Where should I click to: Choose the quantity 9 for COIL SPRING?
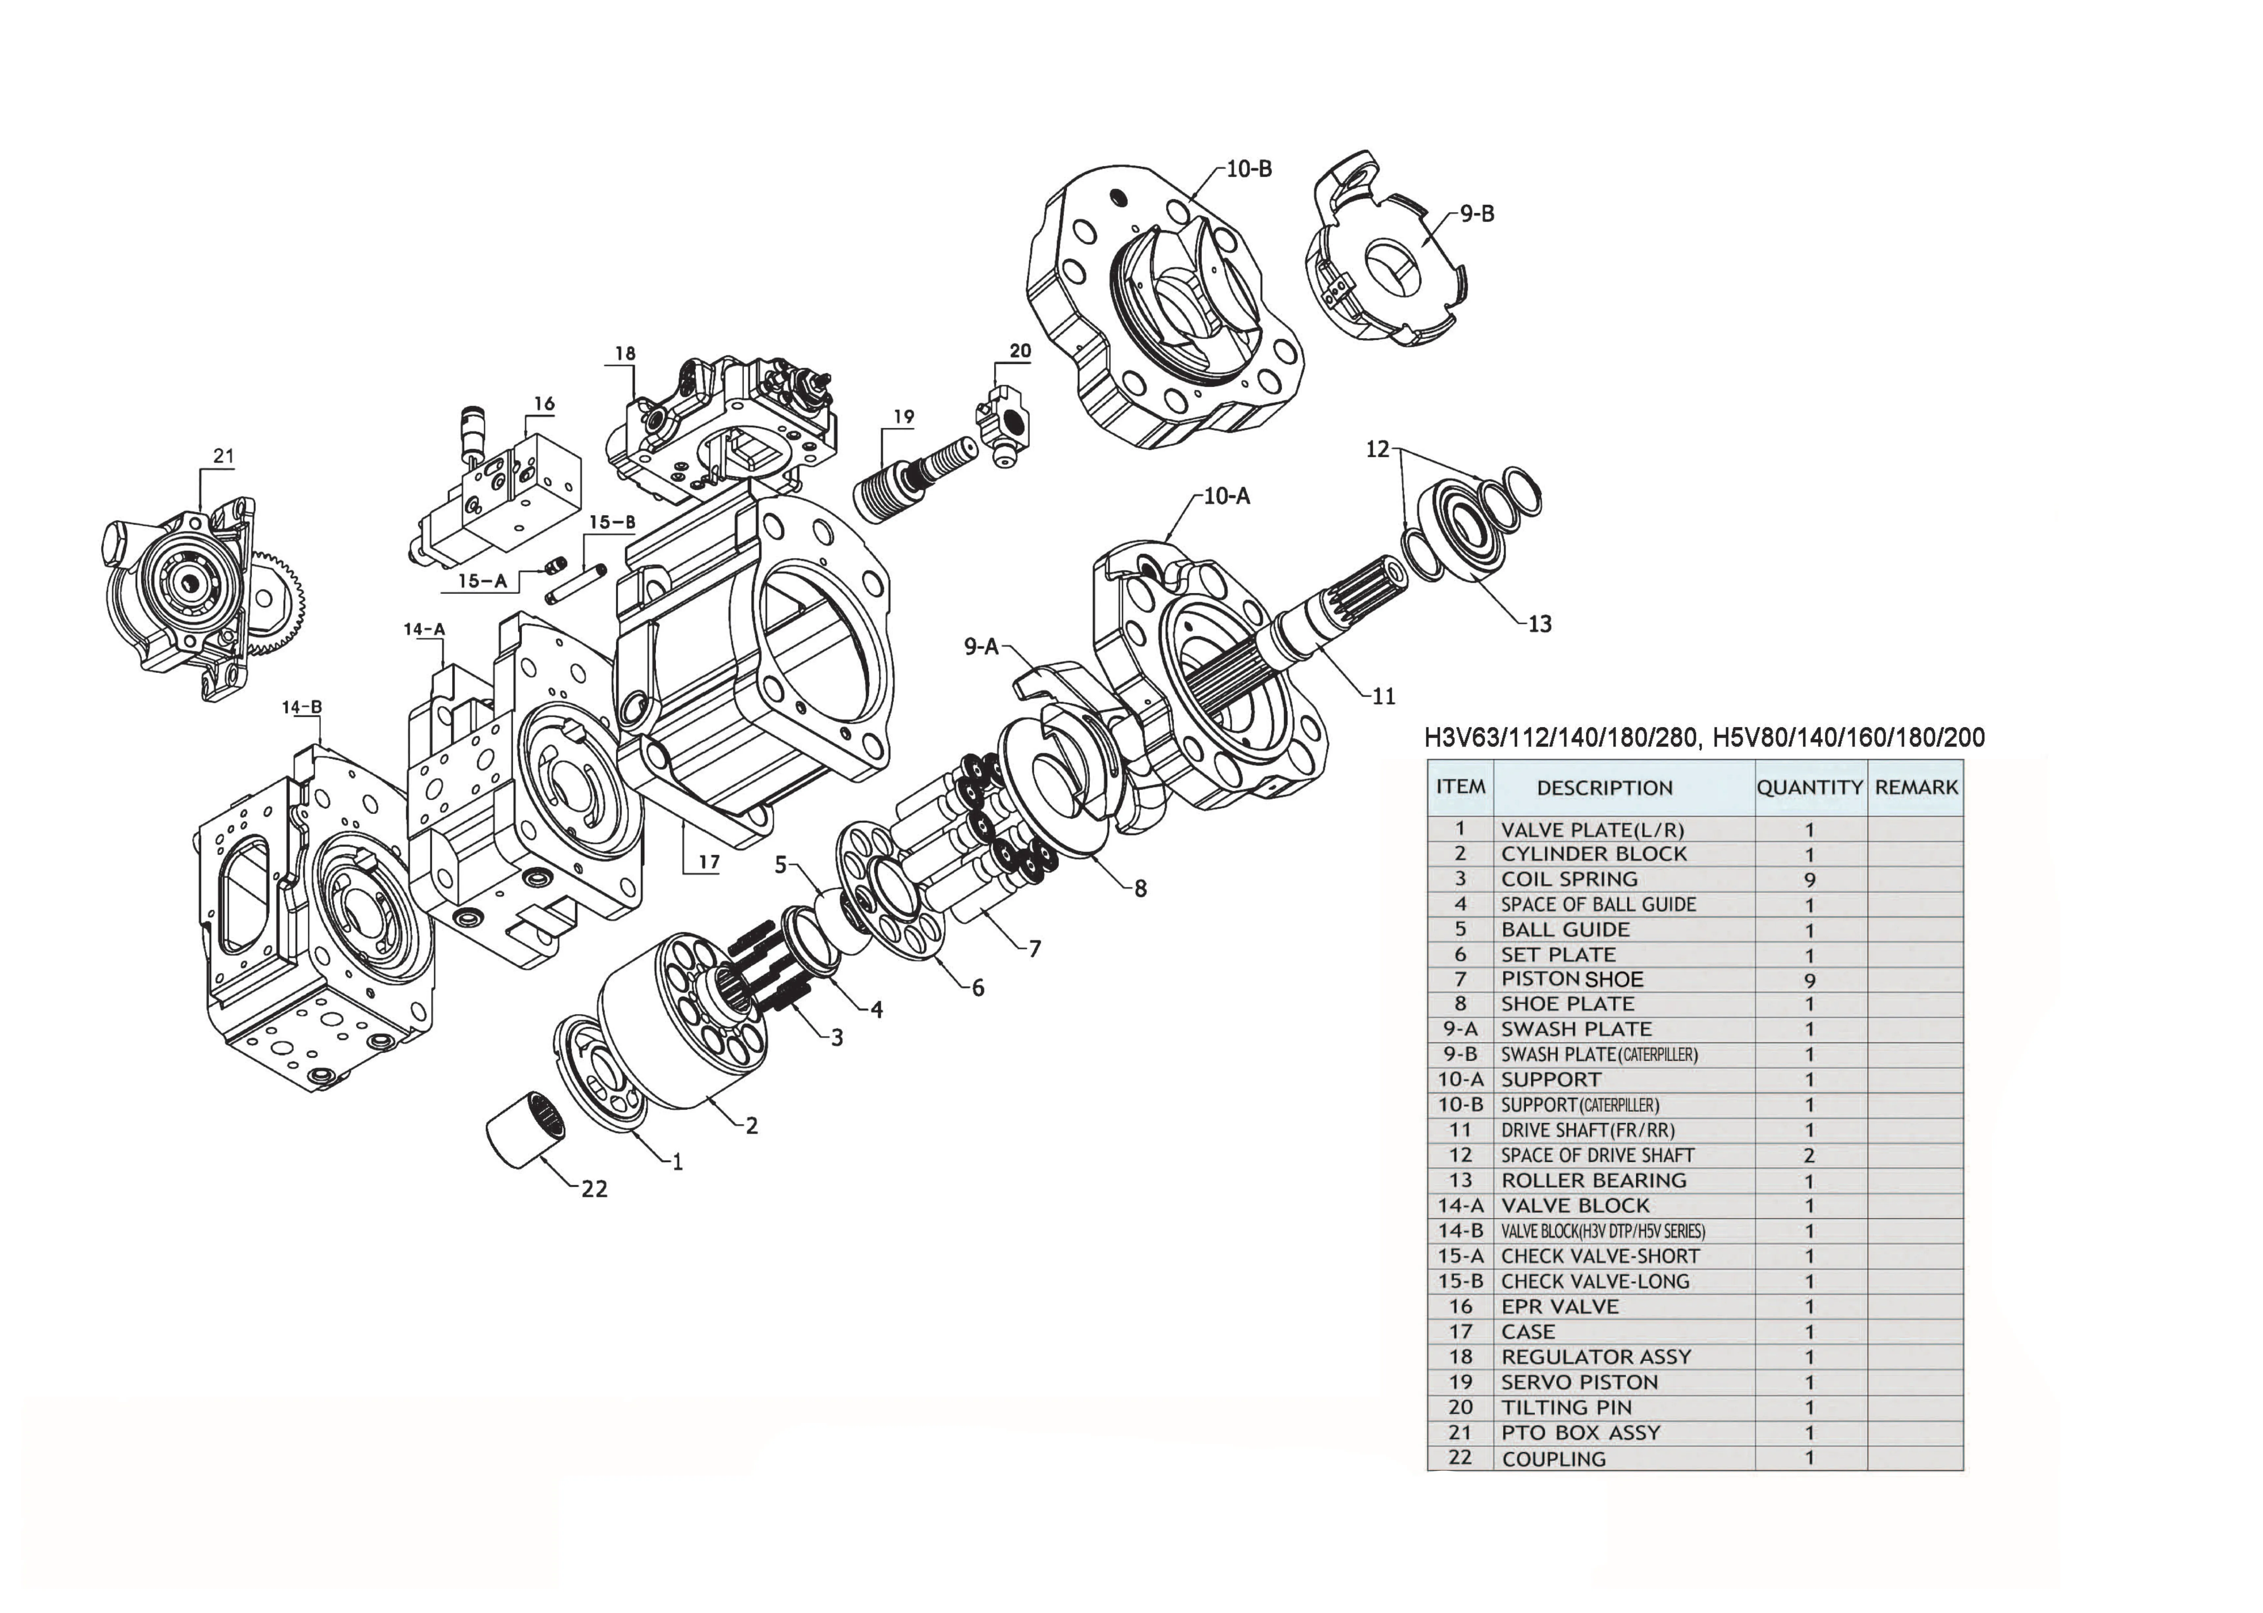coord(1809,880)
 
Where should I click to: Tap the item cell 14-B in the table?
coord(1460,1231)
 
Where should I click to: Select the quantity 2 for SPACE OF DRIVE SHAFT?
coord(1809,1155)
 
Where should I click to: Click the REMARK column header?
coord(1916,788)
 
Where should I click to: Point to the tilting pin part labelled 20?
coord(1003,422)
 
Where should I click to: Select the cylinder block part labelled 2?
coord(685,1023)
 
